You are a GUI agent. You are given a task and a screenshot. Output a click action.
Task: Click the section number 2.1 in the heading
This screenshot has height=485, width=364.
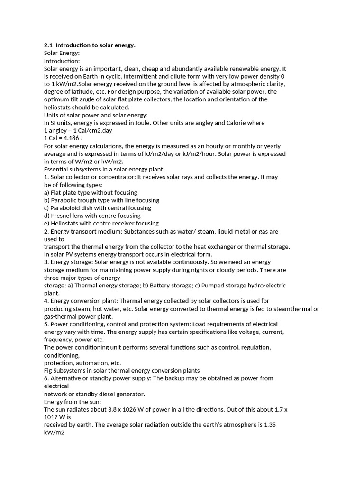click(x=48, y=45)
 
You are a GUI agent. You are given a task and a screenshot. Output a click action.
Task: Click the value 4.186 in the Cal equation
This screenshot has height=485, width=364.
click(x=71, y=138)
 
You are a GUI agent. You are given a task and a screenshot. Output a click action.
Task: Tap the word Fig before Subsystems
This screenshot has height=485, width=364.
click(x=49, y=370)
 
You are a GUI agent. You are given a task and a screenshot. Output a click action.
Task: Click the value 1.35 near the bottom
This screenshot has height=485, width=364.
click(x=269, y=425)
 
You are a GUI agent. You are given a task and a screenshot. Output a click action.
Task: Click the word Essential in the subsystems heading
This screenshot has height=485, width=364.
click(x=57, y=169)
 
